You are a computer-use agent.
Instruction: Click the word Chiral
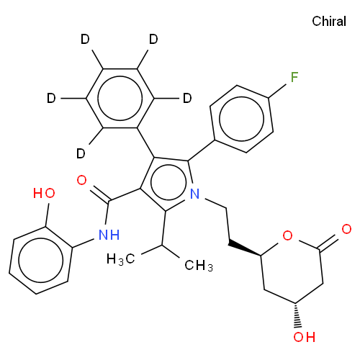[x=329, y=21]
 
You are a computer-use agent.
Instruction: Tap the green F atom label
[x=294, y=77]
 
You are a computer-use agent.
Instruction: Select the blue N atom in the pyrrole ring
[x=195, y=194]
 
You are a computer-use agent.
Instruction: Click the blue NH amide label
[x=109, y=235]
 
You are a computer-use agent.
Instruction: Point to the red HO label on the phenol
[x=44, y=193]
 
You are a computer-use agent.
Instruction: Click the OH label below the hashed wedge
[x=304, y=337]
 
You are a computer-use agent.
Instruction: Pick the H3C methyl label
[x=121, y=259]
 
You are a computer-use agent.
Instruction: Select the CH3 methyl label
[x=199, y=266]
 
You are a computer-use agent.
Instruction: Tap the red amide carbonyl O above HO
[x=81, y=180]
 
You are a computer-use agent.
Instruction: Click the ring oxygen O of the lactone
[x=287, y=235]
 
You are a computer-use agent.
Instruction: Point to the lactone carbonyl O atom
[x=346, y=229]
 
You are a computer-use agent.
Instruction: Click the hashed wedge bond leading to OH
[x=297, y=315]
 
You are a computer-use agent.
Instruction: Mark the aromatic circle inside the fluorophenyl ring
[x=242, y=119]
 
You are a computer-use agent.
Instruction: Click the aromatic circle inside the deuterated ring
[x=120, y=98]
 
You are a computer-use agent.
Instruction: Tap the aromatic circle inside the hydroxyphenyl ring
[x=41, y=260]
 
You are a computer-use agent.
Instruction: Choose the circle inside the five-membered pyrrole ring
[x=168, y=182]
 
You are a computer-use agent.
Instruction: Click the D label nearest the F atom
[x=187, y=98]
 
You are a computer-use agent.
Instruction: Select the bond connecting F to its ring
[x=277, y=91]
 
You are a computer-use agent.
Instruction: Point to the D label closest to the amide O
[x=81, y=153]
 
